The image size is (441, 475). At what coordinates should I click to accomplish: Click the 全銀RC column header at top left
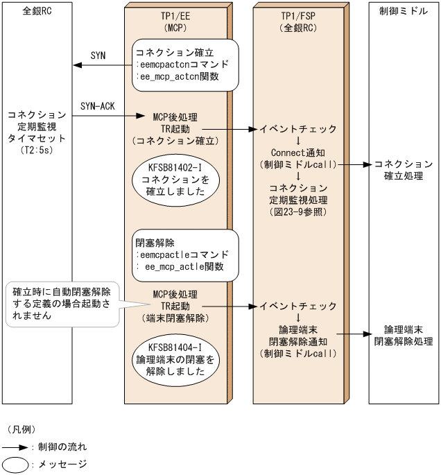[x=37, y=12]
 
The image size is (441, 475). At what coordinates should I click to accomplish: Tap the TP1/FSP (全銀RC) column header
[x=299, y=21]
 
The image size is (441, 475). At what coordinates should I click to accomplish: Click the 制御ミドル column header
[x=404, y=12]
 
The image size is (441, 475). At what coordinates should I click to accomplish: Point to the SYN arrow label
[x=98, y=55]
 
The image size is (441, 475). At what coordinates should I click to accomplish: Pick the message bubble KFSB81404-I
[x=177, y=358]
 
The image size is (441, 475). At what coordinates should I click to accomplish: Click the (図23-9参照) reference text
[x=299, y=211]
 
